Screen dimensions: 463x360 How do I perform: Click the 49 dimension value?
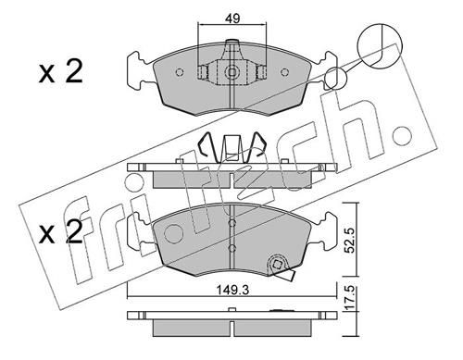(232, 19)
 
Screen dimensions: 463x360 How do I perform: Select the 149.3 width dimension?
(232, 290)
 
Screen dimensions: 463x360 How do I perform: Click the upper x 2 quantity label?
(61, 71)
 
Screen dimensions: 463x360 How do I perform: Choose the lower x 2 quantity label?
(61, 232)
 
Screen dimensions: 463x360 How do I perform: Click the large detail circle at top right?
(380, 45)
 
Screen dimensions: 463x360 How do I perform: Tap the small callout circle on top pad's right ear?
(336, 79)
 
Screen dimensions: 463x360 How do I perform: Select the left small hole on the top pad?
(180, 72)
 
